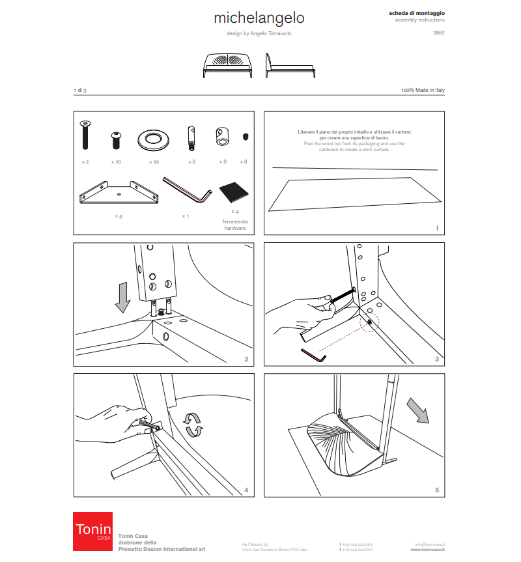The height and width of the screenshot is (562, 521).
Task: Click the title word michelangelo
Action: point(259,17)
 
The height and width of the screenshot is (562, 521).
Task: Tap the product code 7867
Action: point(439,32)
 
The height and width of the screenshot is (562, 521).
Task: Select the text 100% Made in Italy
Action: point(423,90)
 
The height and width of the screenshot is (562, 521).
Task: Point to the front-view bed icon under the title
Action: point(227,64)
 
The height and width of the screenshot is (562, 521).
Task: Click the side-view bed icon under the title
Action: point(290,64)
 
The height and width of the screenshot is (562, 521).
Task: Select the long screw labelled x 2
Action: point(85,136)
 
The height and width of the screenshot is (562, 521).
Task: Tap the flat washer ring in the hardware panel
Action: point(154,139)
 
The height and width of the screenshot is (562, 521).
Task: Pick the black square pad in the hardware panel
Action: point(234,193)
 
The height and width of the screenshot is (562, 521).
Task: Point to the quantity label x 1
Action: point(185,216)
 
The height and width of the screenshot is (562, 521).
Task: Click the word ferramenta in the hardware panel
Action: point(235,221)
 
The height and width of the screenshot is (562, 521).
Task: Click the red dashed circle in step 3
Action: point(369,322)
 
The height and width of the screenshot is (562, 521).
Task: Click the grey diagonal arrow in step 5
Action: point(416,410)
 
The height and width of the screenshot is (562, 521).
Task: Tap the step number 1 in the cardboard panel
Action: point(437,228)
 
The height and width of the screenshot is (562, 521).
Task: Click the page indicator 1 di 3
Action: point(81,90)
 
